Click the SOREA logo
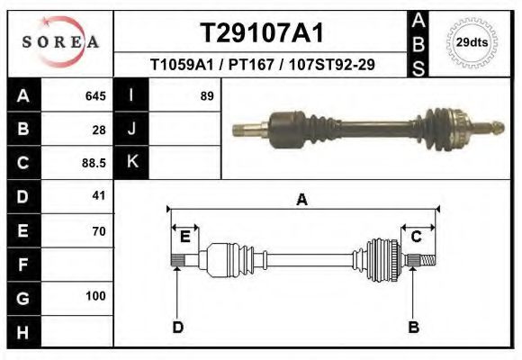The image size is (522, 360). pyautogui.click(x=59, y=42)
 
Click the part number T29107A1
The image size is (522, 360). pyautogui.click(x=262, y=32)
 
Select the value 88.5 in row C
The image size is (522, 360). pyautogui.click(x=94, y=163)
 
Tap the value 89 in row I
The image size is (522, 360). pyautogui.click(x=206, y=96)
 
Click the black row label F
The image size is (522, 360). pyautogui.click(x=22, y=265)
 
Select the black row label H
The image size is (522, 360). pyautogui.click(x=22, y=331)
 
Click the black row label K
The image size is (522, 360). pyautogui.click(x=132, y=162)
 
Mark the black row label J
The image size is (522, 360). pyautogui.click(x=132, y=130)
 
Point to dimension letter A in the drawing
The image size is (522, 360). pyautogui.click(x=302, y=200)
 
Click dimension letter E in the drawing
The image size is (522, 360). pyautogui.click(x=184, y=237)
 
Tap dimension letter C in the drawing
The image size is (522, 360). pyautogui.click(x=417, y=237)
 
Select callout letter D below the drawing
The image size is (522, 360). pyautogui.click(x=178, y=327)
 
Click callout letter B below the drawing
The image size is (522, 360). pyautogui.click(x=414, y=327)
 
